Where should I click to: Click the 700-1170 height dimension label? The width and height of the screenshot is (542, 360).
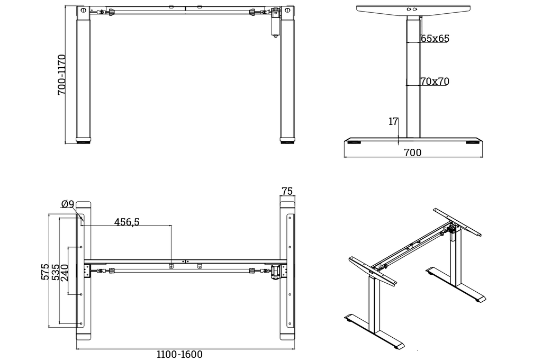click(62, 75)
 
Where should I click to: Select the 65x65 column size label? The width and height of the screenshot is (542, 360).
click(435, 39)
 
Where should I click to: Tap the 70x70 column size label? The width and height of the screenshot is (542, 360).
click(435, 82)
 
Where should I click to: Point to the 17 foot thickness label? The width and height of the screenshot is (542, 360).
click(393, 122)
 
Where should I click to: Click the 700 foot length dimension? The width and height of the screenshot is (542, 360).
click(413, 153)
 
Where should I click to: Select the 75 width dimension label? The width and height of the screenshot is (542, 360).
click(287, 191)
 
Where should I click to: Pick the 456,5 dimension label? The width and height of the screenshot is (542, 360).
click(127, 222)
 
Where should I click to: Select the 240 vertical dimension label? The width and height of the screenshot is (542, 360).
click(65, 274)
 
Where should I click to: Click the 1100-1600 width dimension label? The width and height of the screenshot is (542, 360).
click(179, 354)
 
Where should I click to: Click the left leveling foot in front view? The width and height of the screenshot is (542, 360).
click(84, 141)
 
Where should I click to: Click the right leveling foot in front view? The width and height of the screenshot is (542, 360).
click(287, 141)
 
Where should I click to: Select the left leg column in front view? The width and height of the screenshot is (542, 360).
click(84, 79)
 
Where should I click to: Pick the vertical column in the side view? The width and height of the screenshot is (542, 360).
click(413, 79)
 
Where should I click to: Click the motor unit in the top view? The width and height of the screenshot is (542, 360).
click(276, 271)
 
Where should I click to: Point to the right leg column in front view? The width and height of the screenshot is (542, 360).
click(287, 79)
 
